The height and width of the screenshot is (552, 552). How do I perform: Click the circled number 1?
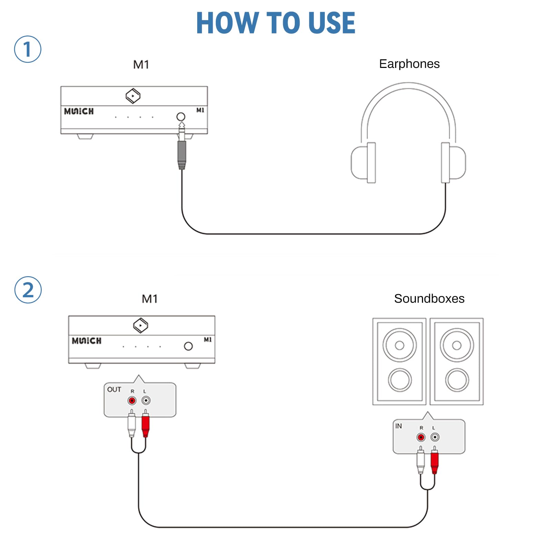coord(28,49)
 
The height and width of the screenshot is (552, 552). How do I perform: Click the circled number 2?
coord(28,290)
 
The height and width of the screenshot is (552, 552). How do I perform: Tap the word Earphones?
coord(409,64)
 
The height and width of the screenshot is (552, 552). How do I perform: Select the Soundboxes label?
coord(429,299)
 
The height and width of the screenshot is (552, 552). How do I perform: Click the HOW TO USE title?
coord(275,23)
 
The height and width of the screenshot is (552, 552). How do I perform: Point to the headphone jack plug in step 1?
coord(182,152)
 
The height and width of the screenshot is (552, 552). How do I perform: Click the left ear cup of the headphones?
coord(364,162)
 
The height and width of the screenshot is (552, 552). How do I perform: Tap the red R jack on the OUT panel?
coord(132,401)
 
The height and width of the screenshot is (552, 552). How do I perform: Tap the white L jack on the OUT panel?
coord(146,401)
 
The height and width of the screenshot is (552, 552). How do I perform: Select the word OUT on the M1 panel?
coord(114,390)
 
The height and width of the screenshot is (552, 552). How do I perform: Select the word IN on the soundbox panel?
coord(399,426)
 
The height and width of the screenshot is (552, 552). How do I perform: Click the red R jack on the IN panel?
coord(421,437)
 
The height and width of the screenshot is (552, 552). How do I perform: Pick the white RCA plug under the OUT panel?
coord(131,424)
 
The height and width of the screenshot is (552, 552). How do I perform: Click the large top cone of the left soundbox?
coord(400,345)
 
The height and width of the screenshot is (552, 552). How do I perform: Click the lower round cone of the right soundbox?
coord(457,380)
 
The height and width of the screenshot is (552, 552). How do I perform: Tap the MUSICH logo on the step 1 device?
coord(79,111)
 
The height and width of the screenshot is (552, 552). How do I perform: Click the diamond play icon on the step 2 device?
coord(141,325)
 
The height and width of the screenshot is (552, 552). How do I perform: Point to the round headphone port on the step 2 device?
coord(188,346)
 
